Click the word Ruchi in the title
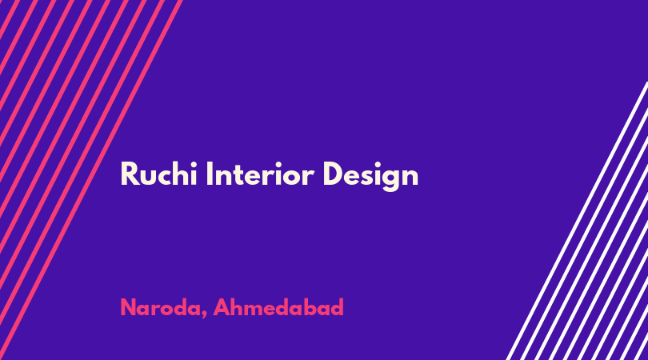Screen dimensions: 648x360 158,174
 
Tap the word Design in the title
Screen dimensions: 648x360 370,177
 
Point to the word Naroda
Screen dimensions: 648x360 160,307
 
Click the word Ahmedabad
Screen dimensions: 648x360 278,307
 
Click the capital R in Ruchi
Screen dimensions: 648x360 129,174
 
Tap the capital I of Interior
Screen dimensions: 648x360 209,174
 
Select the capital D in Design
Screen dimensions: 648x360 333,174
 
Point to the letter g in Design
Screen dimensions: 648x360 390,180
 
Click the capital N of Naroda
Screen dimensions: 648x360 128,307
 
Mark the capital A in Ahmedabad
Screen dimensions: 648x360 222,307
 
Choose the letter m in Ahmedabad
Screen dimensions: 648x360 256,310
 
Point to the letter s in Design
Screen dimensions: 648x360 369,178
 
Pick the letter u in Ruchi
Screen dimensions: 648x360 147,178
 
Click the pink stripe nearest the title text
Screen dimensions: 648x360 91,180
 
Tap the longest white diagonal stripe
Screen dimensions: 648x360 577,221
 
